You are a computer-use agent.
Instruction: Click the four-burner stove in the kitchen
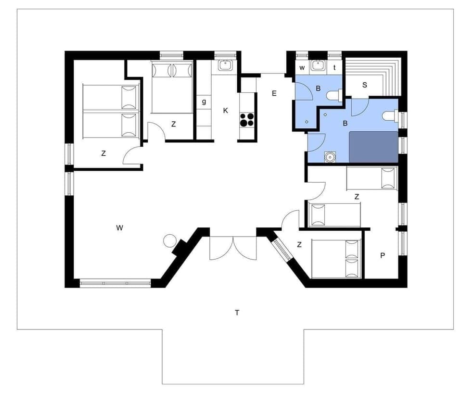(x=247, y=119)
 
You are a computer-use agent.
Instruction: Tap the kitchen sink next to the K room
(x=225, y=65)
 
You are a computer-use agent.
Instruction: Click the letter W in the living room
(x=119, y=228)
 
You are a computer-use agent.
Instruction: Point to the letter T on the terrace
(x=237, y=313)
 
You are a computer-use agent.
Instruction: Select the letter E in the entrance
(x=274, y=93)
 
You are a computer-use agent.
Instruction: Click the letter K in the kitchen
(x=225, y=111)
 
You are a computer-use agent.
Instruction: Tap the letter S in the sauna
(x=364, y=85)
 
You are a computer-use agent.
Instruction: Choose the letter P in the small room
(x=383, y=255)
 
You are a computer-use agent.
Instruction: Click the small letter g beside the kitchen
(x=204, y=102)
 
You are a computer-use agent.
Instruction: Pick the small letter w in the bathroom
(x=302, y=67)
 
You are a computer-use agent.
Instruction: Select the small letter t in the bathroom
(x=334, y=67)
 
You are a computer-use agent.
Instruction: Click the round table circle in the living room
(x=170, y=240)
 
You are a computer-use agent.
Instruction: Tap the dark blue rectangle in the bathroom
(x=373, y=146)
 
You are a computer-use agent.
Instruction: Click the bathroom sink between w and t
(x=318, y=65)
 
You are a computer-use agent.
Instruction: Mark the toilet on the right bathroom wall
(x=391, y=116)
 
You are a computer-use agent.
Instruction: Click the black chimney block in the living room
(x=180, y=247)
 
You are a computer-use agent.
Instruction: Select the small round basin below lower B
(x=330, y=157)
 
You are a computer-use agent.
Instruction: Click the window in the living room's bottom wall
(x=115, y=283)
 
